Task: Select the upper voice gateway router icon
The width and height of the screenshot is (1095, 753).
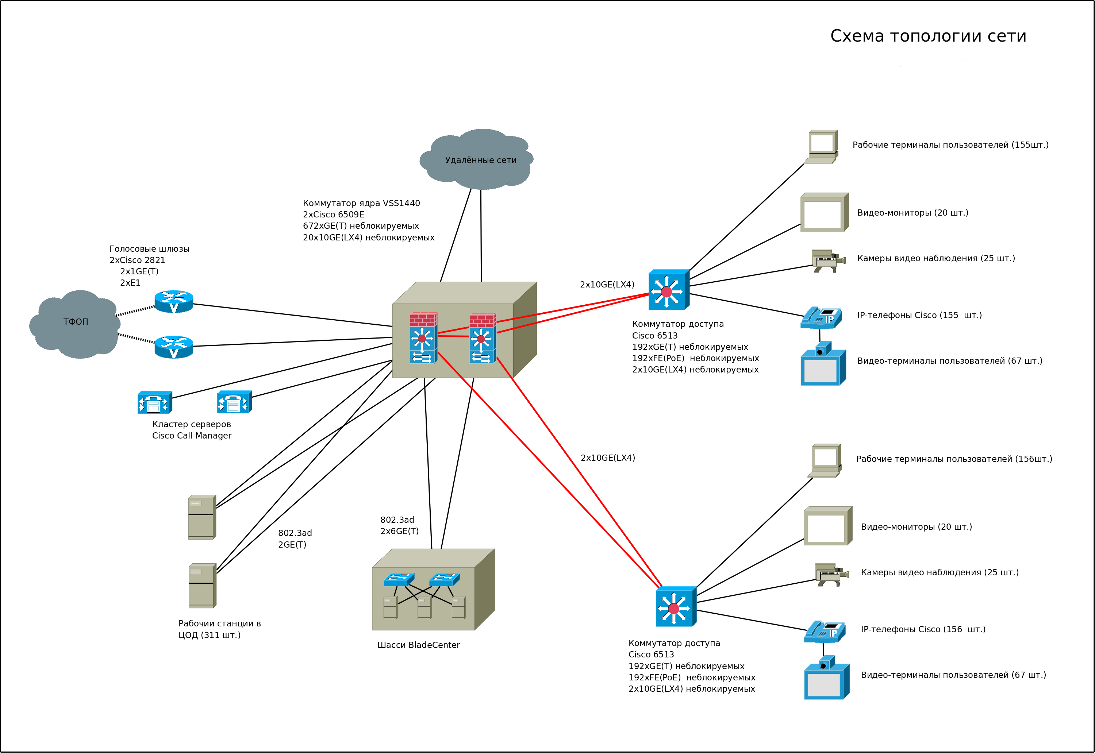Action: click(174, 301)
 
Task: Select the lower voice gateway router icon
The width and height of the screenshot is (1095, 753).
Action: click(174, 347)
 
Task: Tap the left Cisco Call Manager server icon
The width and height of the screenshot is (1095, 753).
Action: click(154, 402)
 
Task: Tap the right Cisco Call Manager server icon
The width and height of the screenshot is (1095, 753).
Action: click(234, 402)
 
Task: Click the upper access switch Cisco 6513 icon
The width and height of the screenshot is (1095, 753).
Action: click(668, 290)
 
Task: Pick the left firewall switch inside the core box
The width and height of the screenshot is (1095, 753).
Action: click(423, 338)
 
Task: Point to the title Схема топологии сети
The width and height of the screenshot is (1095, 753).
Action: click(928, 36)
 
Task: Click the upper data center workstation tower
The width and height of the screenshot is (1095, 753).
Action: click(202, 517)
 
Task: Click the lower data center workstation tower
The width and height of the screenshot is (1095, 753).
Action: click(202, 586)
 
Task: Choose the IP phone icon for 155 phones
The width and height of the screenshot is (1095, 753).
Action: click(821, 317)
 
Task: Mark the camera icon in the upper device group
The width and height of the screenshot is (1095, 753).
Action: click(828, 261)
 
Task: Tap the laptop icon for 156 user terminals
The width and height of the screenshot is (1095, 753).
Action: click(825, 460)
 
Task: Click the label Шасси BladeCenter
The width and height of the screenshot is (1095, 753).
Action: click(418, 645)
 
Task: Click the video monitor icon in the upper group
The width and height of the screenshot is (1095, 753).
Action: click(824, 212)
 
